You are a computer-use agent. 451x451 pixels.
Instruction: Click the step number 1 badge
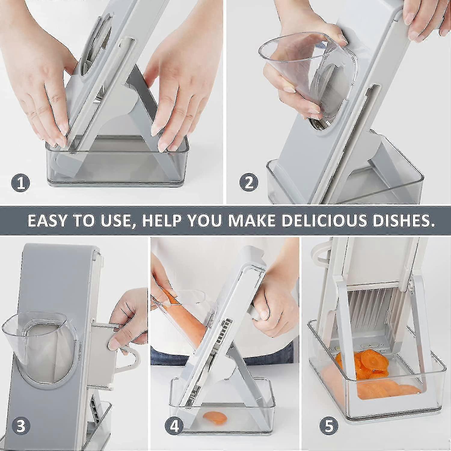21,183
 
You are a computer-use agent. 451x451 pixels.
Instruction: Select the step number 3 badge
21,426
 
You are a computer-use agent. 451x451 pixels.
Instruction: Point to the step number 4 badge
174,426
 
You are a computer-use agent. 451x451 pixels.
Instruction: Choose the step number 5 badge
329,426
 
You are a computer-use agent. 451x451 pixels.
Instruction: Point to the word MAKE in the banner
252,220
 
